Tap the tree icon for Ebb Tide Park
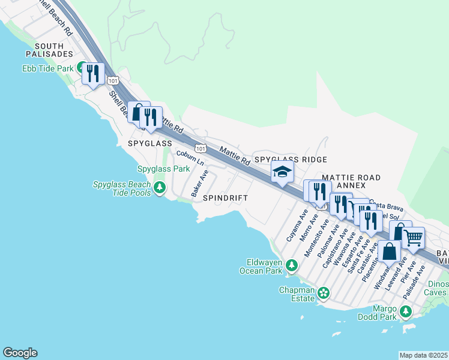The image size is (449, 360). pyautogui.click(x=80, y=68)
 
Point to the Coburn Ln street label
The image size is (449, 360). pyautogui.click(x=190, y=159)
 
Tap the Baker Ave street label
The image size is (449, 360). pyautogui.click(x=199, y=184)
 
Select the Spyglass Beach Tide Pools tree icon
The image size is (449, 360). pyautogui.click(x=159, y=189)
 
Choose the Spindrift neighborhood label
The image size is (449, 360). pyautogui.click(x=225, y=198)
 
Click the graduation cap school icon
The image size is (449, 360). pyautogui.click(x=282, y=173)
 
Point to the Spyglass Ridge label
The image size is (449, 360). pyautogui.click(x=291, y=160)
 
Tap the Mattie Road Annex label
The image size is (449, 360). pyautogui.click(x=351, y=182)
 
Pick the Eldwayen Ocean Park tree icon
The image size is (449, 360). pyautogui.click(x=291, y=265)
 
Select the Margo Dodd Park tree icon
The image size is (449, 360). pyautogui.click(x=406, y=311)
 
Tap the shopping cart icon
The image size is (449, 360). pyautogui.click(x=412, y=238)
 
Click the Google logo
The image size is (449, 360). pyautogui.click(x=20, y=353)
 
